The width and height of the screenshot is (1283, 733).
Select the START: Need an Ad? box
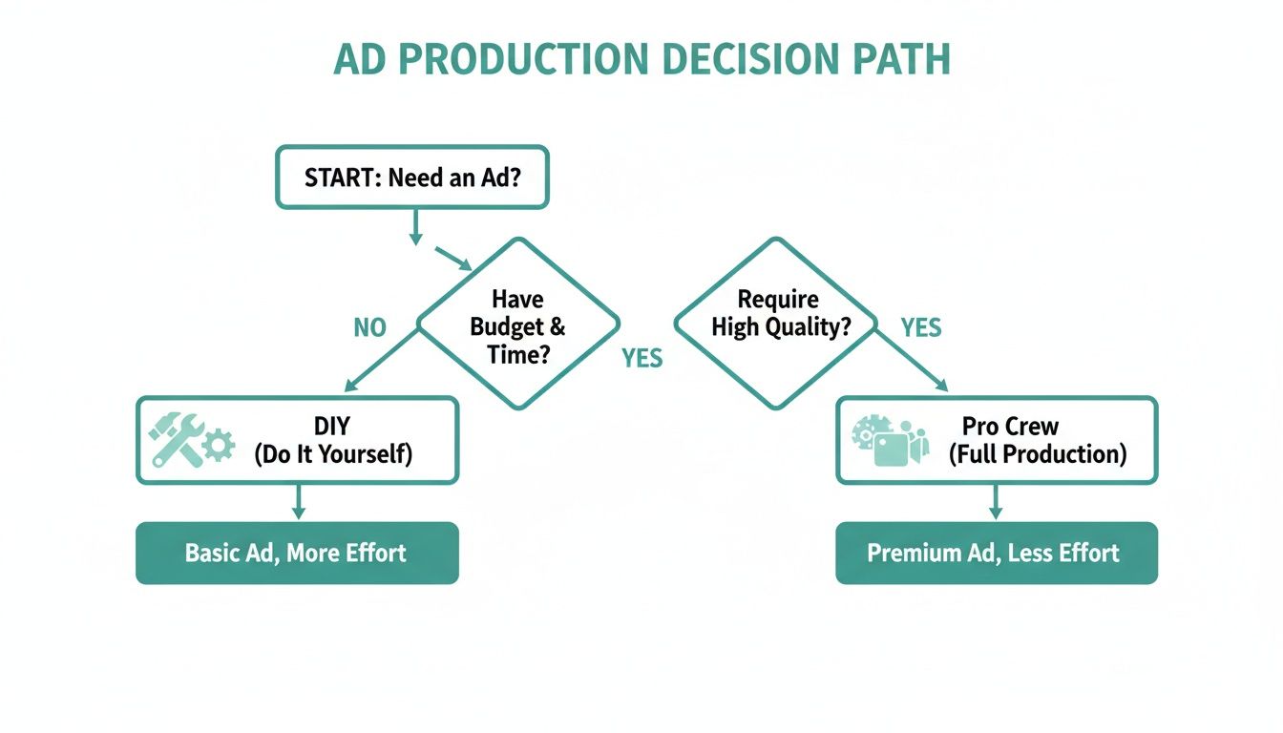(411, 178)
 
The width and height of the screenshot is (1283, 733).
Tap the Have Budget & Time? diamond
(518, 325)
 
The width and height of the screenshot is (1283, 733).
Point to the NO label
(369, 328)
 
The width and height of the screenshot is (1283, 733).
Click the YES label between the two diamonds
(642, 359)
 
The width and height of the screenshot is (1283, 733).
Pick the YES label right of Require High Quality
(921, 328)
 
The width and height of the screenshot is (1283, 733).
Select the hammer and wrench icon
(178, 440)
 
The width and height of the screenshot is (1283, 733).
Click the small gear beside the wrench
(220, 446)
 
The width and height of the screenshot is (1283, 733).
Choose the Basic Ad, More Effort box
(297, 553)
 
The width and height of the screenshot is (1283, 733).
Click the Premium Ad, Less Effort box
(996, 553)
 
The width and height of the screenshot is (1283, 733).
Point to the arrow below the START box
(415, 227)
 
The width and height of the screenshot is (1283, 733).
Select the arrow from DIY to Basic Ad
(298, 502)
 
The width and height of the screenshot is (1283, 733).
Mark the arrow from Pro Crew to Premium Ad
(997, 502)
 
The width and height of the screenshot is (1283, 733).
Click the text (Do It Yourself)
(333, 454)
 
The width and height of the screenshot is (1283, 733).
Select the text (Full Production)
(1037, 454)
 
